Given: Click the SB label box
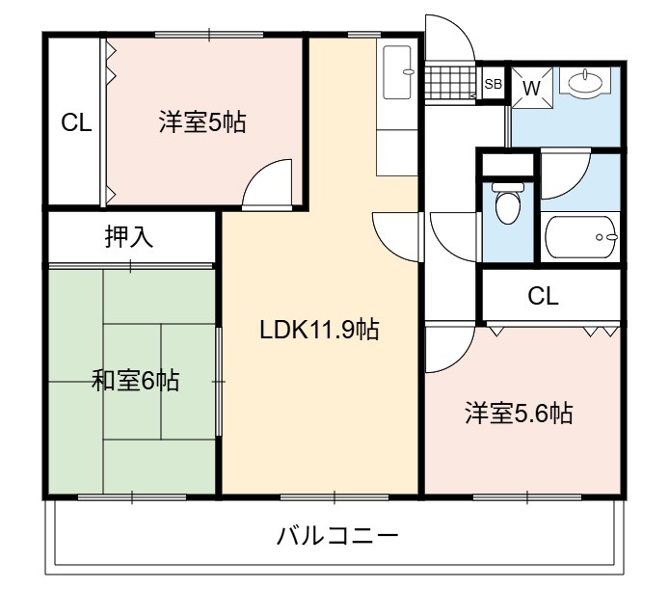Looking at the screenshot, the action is tap(494, 84).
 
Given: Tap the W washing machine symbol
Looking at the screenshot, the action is tap(531, 89).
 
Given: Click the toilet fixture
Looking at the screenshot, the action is tap(508, 202).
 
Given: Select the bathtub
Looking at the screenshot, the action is tap(581, 237).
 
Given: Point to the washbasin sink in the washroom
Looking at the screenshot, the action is tap(585, 82).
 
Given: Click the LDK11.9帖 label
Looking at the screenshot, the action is tap(319, 330).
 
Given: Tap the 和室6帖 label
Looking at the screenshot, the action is tap(135, 381).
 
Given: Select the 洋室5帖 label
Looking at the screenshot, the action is tap(202, 122).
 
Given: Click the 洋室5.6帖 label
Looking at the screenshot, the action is tap(519, 413).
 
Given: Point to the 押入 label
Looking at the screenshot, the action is tap(129, 237).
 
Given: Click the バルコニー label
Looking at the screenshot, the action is tap(337, 536).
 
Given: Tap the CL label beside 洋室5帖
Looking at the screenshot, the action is tap(76, 123).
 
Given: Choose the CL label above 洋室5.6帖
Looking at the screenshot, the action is tap(543, 296).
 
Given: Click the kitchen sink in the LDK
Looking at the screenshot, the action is tap(398, 72).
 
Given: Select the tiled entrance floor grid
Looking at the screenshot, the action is tap(450, 83).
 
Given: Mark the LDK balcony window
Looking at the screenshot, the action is tap(334, 497).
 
